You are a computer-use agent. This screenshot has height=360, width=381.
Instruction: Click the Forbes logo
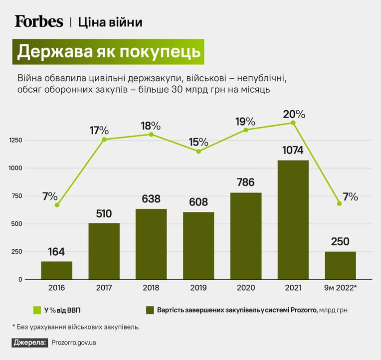[x=39, y=21]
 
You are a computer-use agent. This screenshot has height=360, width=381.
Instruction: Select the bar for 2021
[x=293, y=220]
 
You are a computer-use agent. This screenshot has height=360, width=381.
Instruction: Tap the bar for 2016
[x=57, y=270]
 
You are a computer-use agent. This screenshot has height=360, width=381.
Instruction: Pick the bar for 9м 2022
[x=340, y=265]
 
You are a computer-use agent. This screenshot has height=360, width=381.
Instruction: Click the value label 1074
[x=293, y=151]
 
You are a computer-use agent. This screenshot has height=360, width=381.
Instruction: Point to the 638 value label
[x=151, y=199]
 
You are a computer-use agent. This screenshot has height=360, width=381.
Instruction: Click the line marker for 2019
[x=198, y=152]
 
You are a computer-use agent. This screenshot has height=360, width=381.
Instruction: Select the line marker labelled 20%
[x=293, y=123]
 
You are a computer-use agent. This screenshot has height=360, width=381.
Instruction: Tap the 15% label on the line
[x=198, y=142]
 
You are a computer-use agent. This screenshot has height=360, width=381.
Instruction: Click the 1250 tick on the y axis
[x=15, y=141]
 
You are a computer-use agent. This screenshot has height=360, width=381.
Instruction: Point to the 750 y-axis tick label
[x=17, y=196]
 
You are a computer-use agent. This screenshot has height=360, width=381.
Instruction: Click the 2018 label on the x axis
[x=151, y=288]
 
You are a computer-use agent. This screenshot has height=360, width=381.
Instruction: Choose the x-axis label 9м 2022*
[x=340, y=288]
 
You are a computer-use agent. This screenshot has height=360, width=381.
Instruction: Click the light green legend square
[x=37, y=310]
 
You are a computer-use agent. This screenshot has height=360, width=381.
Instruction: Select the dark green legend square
[x=150, y=310]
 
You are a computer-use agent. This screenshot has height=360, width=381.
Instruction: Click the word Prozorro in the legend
[x=304, y=310]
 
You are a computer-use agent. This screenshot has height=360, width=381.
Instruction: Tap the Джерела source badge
[x=29, y=343]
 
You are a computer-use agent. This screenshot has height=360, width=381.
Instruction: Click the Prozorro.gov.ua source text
[x=74, y=343]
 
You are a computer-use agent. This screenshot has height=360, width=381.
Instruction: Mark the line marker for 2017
[x=104, y=140]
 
